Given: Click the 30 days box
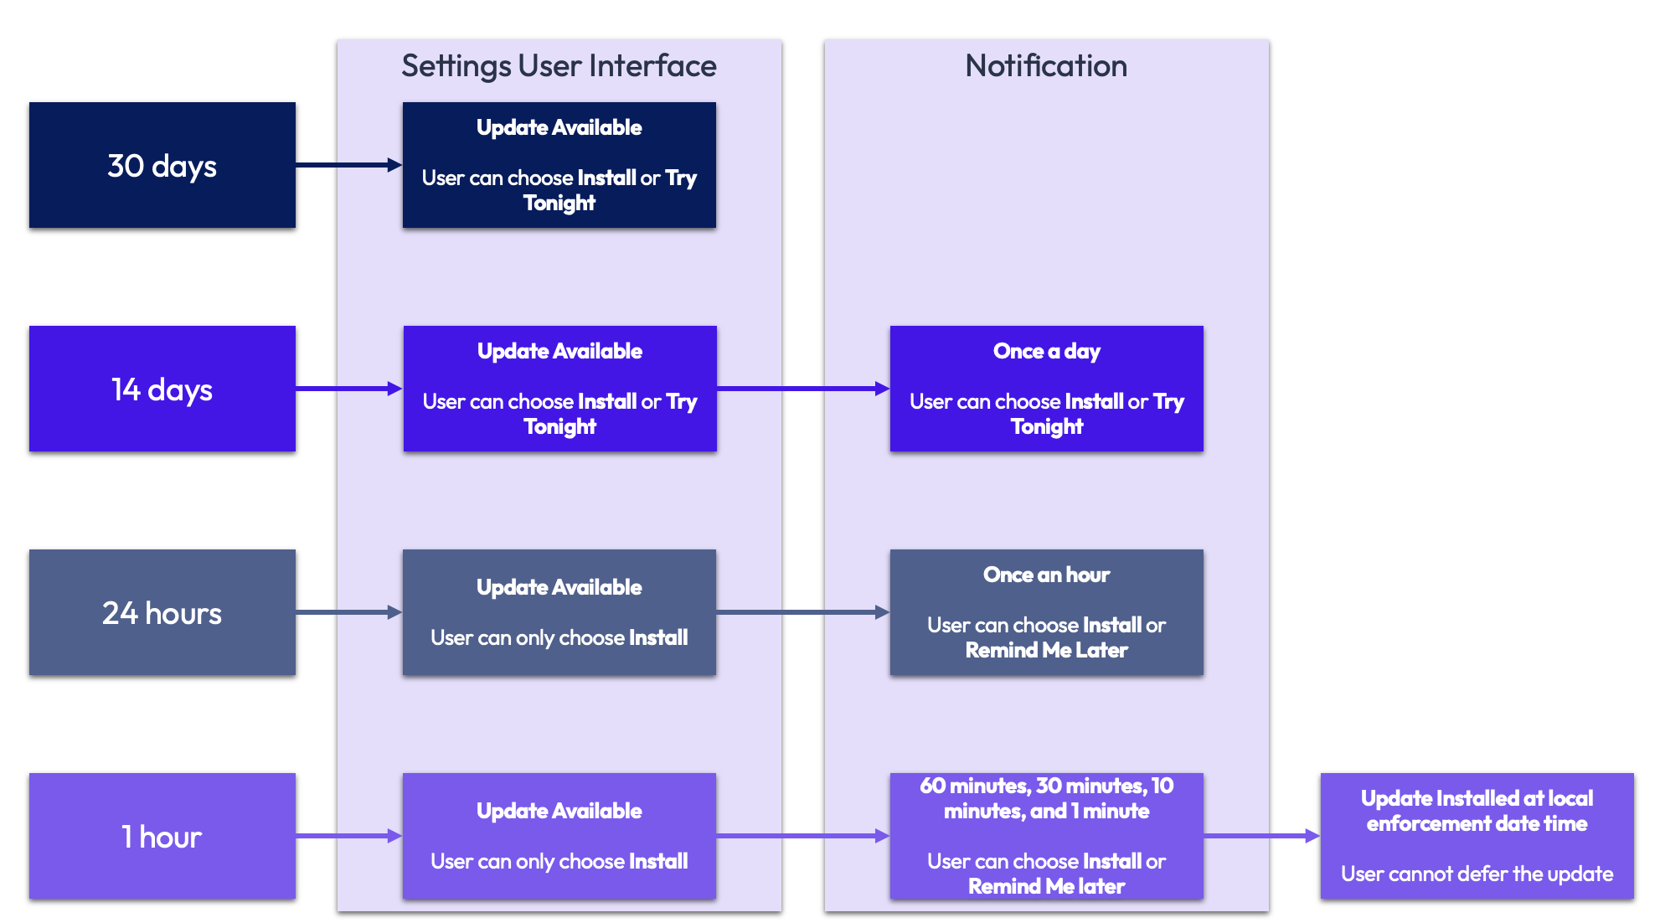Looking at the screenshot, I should (x=162, y=165).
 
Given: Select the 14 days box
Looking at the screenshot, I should (x=162, y=389).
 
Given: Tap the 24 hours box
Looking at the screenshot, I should (x=162, y=612).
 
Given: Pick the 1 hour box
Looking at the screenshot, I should (x=162, y=836).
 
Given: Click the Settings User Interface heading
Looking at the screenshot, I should (x=559, y=65).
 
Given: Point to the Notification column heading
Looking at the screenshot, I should (x=1046, y=65).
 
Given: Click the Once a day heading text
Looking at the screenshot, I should (x=1046, y=351).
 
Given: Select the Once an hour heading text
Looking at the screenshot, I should (x=1046, y=575).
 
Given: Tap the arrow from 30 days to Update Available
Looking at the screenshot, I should (x=348, y=165).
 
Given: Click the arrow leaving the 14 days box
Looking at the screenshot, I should (x=348, y=389).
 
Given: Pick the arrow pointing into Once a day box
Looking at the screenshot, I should (x=802, y=389).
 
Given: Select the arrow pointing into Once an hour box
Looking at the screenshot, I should (x=802, y=612).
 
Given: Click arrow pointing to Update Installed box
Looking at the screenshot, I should (x=1261, y=836).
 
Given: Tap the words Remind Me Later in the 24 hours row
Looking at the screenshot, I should (x=1046, y=650).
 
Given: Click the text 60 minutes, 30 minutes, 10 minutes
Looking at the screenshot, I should (x=1046, y=798).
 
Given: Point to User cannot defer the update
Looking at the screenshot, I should (x=1477, y=874).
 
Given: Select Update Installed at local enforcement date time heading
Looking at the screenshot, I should (x=1477, y=811).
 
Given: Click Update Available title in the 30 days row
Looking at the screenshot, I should (x=559, y=127).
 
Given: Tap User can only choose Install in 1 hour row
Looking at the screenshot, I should (x=559, y=861).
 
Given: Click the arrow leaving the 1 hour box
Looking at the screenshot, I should (x=348, y=836).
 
